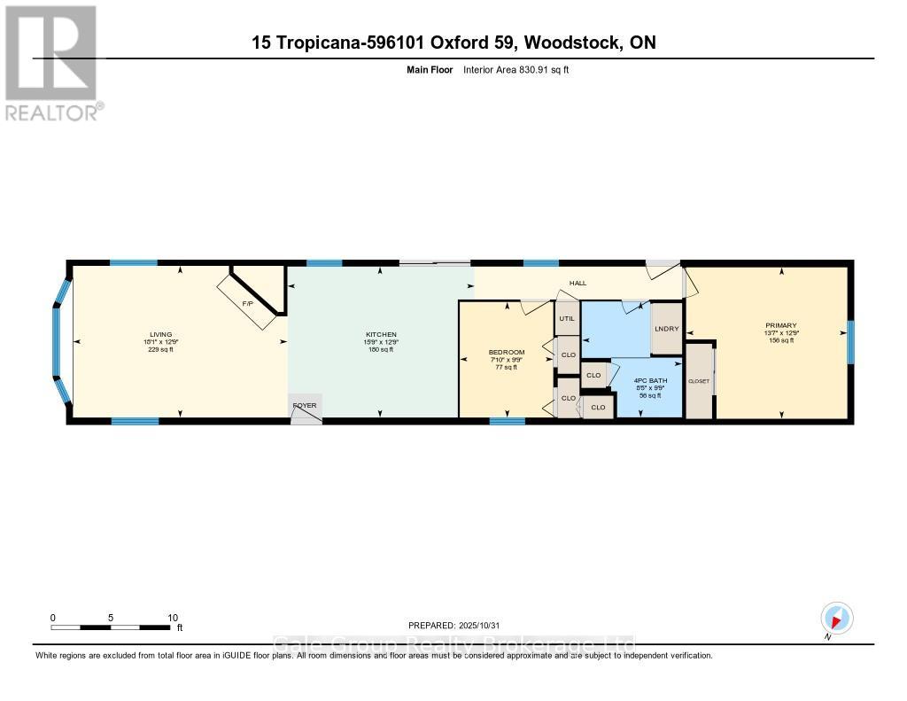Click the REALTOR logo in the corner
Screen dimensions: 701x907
point(51,62)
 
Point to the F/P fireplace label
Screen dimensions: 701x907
point(248,304)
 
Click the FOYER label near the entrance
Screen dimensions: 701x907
point(305,406)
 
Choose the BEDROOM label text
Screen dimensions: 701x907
point(507,352)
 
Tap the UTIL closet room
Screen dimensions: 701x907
point(567,318)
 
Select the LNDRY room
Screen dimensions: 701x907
point(666,329)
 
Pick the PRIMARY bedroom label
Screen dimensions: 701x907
point(781,325)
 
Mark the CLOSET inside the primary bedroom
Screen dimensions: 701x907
point(700,380)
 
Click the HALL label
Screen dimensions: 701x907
point(578,283)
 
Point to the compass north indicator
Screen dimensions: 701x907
point(836,619)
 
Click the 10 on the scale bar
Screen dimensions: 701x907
point(173,618)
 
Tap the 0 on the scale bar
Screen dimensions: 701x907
point(53,618)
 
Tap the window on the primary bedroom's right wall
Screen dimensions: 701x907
point(850,342)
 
